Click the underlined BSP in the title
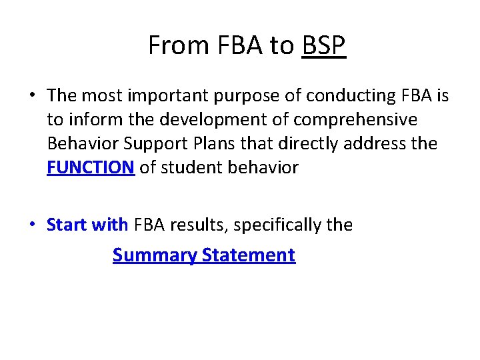click(x=324, y=46)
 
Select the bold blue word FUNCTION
click(x=91, y=167)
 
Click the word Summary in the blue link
click(x=155, y=255)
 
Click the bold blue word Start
click(x=67, y=225)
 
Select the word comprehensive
click(x=361, y=120)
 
